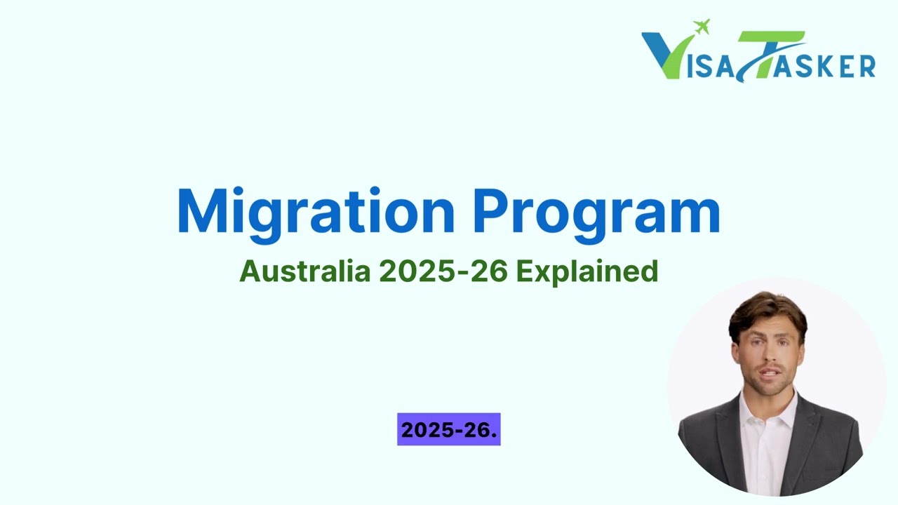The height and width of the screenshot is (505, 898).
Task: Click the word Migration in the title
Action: pos(316,210)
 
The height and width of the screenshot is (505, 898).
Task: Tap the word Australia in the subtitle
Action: pos(304,271)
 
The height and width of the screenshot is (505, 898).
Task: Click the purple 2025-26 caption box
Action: pos(449,429)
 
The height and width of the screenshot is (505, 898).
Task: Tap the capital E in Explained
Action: pos(524,271)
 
